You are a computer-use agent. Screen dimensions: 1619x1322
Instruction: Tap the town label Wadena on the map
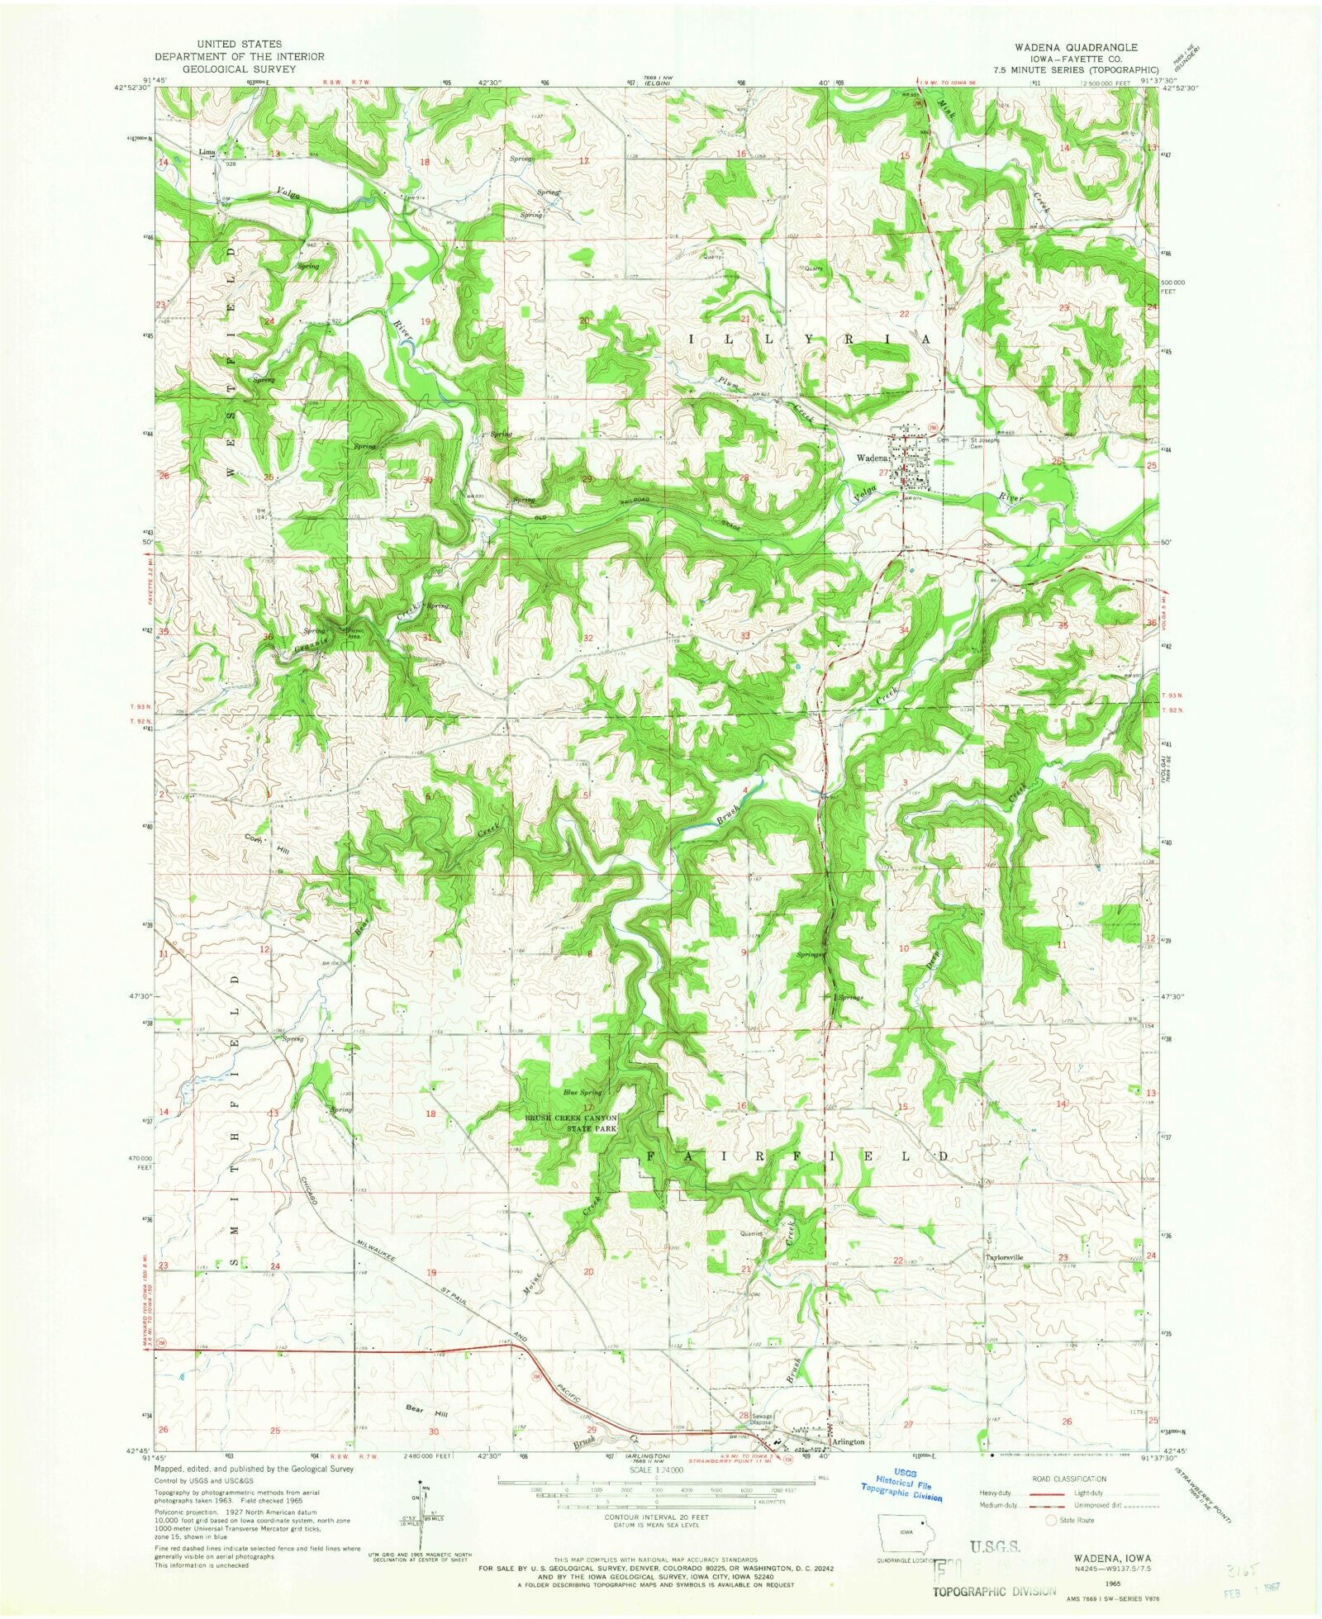[869, 458]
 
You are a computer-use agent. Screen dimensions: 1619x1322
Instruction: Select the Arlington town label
[848, 1441]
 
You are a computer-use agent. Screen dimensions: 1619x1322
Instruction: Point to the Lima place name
[206, 152]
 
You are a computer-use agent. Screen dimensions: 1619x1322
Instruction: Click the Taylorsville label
[1004, 1258]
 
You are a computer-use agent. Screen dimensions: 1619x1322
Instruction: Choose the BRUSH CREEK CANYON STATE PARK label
[573, 1124]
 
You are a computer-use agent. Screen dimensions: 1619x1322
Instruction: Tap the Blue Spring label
[582, 1093]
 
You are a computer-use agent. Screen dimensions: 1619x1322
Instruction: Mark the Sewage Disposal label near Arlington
[760, 1419]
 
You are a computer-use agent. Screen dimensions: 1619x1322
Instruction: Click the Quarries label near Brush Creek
[752, 1234]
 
